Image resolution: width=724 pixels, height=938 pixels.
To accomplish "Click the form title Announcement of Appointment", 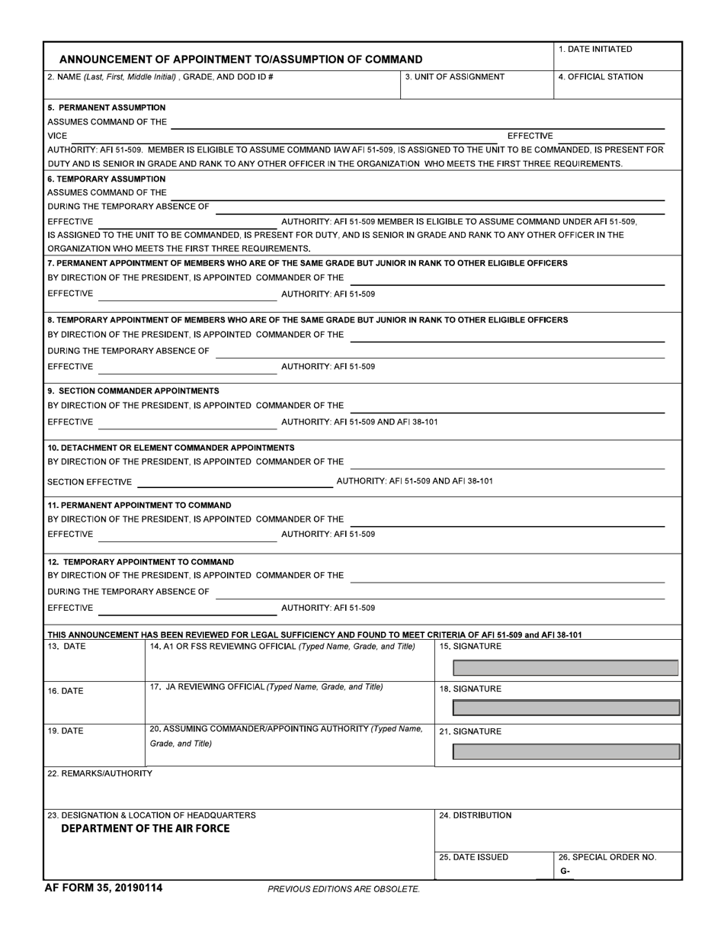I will (x=241, y=59).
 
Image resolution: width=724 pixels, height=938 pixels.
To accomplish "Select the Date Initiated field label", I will (x=595, y=50).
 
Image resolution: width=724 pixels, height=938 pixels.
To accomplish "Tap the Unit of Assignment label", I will (x=455, y=77).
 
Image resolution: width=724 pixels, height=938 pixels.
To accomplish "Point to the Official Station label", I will (x=601, y=77).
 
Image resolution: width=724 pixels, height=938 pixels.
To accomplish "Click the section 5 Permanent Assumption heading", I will (x=106, y=108).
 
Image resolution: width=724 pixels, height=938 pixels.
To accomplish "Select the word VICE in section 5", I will (x=58, y=136).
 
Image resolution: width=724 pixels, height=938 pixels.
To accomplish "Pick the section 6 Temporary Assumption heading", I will (x=106, y=178).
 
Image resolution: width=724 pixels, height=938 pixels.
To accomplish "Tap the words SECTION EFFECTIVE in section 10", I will (x=89, y=482).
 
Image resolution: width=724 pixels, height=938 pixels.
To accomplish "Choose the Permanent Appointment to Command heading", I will (x=139, y=505).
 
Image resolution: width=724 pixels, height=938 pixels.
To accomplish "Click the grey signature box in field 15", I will (x=565, y=668).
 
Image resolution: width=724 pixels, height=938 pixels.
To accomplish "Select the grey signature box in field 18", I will (x=565, y=708).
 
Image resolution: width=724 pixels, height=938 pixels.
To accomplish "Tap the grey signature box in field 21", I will (x=565, y=752).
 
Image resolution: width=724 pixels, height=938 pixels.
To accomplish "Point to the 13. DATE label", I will (x=66, y=647).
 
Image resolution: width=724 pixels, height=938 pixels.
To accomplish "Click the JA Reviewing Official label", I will (x=266, y=686).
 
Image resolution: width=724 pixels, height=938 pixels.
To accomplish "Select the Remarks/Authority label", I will (x=99, y=773).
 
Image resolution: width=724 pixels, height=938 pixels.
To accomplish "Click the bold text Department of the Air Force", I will (x=145, y=829).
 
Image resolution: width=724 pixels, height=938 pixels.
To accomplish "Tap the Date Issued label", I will (x=473, y=857).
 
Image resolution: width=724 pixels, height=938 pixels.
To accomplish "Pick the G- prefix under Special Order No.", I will (x=564, y=871).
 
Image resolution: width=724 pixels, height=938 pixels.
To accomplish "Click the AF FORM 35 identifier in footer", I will (x=103, y=888).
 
